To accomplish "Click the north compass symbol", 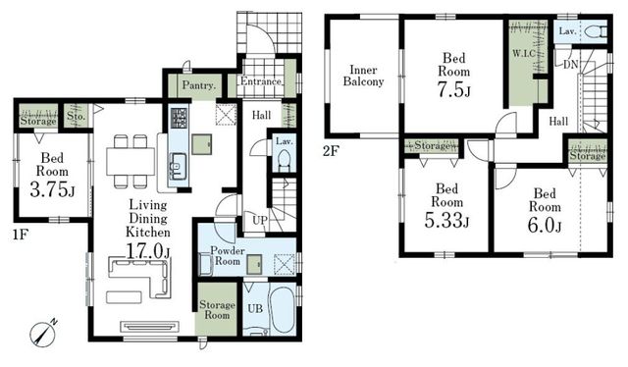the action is [43, 334].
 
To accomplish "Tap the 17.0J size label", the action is [148, 251].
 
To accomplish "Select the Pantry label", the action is [199, 85].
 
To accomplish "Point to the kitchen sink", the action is [178, 166].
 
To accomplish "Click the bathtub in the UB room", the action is [283, 309].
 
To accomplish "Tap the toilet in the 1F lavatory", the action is [284, 160].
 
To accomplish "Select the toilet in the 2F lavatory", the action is [596, 31].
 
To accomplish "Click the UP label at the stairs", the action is [259, 220].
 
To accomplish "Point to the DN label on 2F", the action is [570, 64].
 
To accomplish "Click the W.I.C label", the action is [523, 53].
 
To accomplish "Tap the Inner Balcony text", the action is [363, 76].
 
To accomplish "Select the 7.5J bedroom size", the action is [453, 90].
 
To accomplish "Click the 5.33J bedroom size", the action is [446, 221].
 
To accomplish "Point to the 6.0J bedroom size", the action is [545, 226].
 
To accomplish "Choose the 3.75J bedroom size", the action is [52, 189].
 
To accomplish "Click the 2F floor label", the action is [331, 151].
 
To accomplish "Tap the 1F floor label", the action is [20, 235].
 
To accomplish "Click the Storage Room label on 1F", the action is [217, 310].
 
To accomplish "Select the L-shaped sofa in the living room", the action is [140, 278].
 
